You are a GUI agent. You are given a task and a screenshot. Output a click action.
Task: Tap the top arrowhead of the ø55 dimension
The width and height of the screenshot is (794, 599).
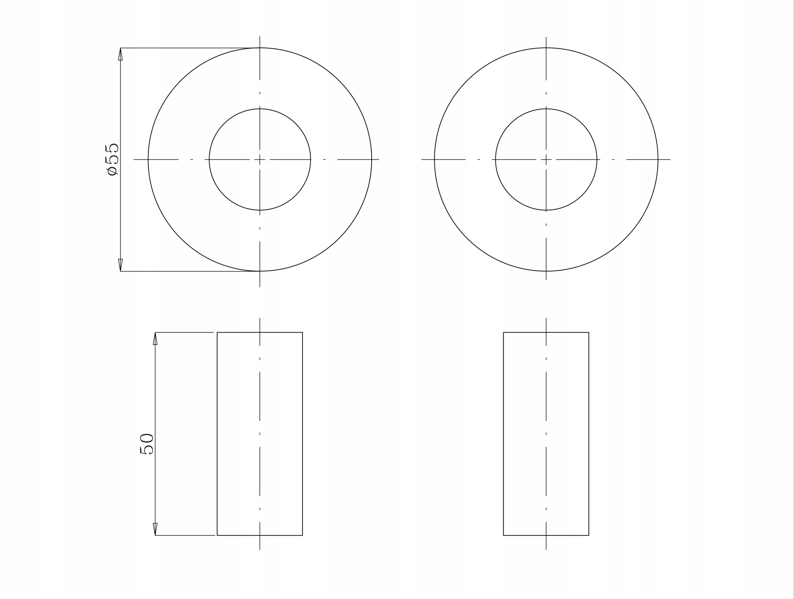pos(120,54)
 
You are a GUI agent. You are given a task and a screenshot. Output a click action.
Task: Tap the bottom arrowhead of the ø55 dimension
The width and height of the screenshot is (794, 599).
pos(120,265)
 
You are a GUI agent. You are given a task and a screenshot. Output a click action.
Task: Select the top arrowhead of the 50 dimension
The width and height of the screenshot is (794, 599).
pos(155,339)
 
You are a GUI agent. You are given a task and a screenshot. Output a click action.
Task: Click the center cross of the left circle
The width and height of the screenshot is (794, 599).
pos(260,159)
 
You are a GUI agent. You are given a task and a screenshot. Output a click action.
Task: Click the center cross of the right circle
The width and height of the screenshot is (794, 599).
pos(546,159)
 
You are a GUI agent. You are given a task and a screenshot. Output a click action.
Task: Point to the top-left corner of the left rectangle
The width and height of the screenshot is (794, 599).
pos(217,332)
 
